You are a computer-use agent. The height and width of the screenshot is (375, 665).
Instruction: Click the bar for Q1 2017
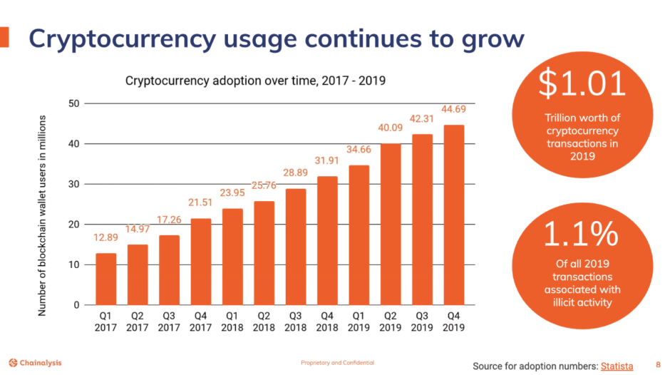(x=105, y=279)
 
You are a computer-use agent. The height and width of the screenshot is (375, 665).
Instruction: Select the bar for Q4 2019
(x=454, y=215)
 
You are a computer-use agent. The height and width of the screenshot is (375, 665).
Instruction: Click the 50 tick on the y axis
(x=74, y=104)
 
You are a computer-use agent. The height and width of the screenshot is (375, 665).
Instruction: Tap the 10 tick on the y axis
(x=74, y=265)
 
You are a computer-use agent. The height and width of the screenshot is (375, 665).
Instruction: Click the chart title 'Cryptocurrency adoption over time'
(x=255, y=80)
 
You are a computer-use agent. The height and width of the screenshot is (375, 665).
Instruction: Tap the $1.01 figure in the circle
(x=582, y=84)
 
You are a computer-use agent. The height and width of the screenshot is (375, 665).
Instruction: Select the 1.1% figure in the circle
(x=582, y=235)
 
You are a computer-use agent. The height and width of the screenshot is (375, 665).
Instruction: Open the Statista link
(x=617, y=366)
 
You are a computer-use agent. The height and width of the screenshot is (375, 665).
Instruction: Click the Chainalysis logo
(x=36, y=363)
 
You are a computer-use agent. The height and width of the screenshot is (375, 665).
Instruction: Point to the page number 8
(x=657, y=365)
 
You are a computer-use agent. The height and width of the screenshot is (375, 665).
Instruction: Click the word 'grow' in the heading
(x=485, y=38)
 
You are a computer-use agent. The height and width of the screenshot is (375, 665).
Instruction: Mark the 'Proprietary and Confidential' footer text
(x=337, y=363)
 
